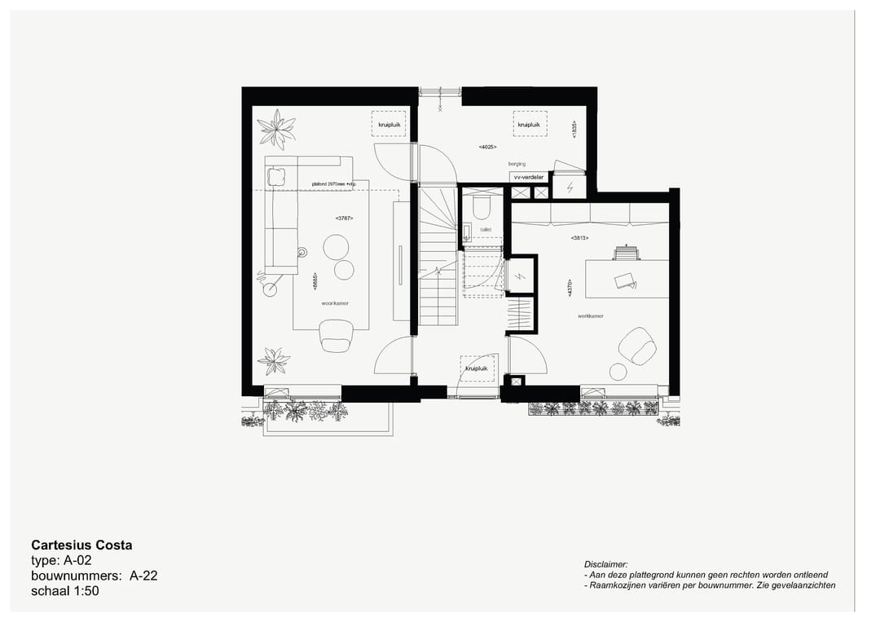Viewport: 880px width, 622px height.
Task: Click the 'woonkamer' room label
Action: pos(335,302)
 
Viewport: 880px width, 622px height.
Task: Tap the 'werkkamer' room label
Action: pos(590,315)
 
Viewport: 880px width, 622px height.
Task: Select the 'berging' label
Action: pos(517,164)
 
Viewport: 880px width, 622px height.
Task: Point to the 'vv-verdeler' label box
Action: pos(528,176)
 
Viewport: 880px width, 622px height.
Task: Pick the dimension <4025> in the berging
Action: pos(487,147)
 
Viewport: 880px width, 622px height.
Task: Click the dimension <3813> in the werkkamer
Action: pos(579,238)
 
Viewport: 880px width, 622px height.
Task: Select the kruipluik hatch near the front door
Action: pos(477,368)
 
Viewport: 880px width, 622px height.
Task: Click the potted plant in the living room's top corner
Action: pos(277,128)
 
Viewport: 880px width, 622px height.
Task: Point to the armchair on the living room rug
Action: pos(337,335)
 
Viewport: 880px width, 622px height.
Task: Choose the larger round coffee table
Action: pos(336,247)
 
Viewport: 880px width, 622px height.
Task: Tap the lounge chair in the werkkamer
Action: pos(637,346)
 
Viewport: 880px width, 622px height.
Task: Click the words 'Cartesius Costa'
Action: pos(81,545)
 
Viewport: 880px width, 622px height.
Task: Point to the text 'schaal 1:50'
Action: pos(64,591)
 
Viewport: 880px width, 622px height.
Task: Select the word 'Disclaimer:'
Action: pos(606,564)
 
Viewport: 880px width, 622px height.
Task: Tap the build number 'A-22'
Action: pos(143,576)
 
